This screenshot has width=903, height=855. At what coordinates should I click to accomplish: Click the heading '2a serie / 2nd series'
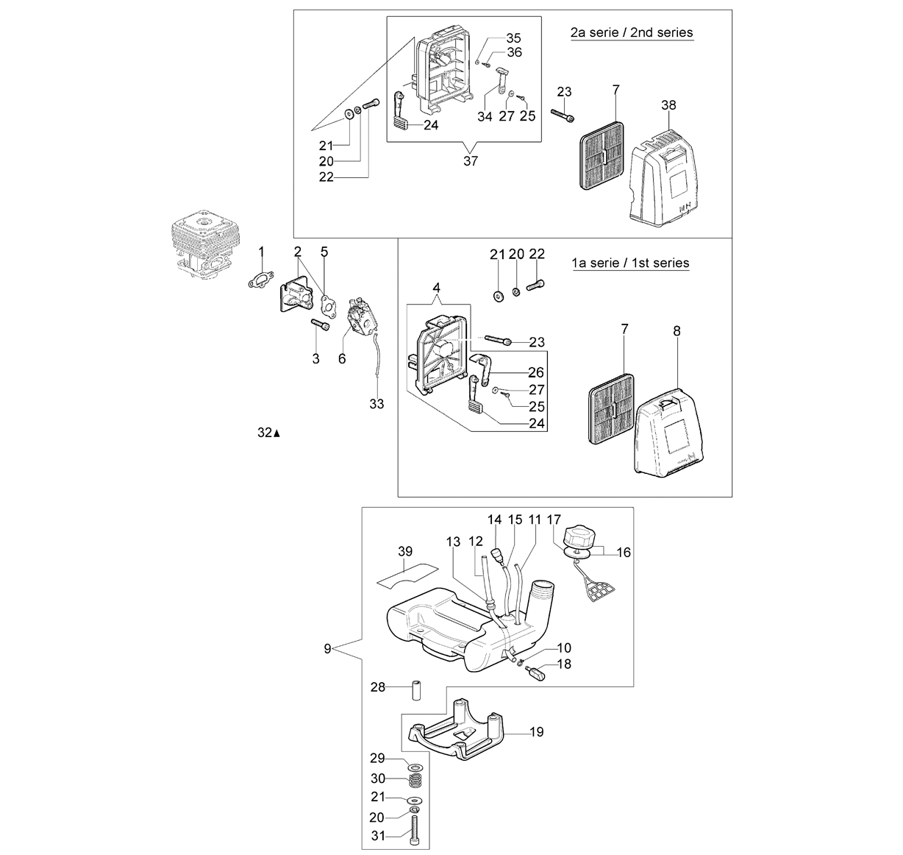[x=632, y=32]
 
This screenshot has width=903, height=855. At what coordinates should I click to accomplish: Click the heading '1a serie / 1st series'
[x=630, y=263]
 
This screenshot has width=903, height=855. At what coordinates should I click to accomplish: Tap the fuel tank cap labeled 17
[x=580, y=536]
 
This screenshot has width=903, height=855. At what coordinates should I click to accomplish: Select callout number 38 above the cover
[x=668, y=105]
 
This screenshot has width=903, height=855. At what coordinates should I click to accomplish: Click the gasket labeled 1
[x=260, y=279]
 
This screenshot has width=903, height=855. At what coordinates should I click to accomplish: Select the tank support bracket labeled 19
[x=454, y=731]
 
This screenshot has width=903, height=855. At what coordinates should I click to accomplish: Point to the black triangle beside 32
[x=276, y=433]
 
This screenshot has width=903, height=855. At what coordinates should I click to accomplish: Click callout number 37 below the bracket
[x=471, y=161]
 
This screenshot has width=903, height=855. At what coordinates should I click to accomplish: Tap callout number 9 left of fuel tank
[x=327, y=648]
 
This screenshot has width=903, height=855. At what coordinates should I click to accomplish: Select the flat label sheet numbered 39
[x=404, y=576]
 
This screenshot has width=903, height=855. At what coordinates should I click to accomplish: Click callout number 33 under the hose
[x=376, y=404]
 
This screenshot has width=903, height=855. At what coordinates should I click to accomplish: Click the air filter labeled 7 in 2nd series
[x=602, y=155]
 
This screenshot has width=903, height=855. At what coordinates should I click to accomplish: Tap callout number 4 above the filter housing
[x=436, y=288]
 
